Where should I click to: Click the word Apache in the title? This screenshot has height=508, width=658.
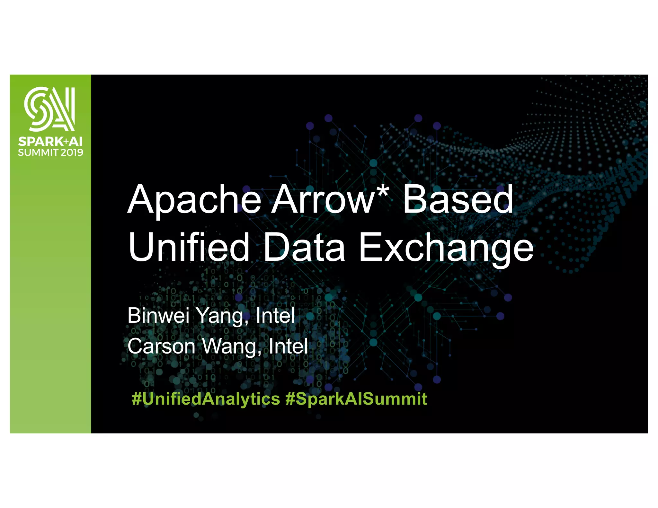[194, 200]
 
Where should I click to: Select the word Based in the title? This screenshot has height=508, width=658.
[458, 200]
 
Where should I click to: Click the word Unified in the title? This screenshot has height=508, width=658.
[189, 247]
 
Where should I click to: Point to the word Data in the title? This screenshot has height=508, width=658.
[304, 247]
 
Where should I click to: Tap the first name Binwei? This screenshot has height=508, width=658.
[158, 315]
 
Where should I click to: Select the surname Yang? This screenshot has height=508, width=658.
[223, 316]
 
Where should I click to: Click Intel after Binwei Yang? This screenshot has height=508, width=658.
[275, 315]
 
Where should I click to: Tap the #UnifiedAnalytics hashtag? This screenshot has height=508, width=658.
[206, 399]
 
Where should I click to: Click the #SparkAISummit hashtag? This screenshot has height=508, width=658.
[356, 399]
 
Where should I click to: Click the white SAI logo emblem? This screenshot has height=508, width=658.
[50, 109]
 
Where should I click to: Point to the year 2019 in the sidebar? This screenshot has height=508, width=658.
[72, 152]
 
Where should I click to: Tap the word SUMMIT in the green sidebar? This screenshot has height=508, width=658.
[38, 152]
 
